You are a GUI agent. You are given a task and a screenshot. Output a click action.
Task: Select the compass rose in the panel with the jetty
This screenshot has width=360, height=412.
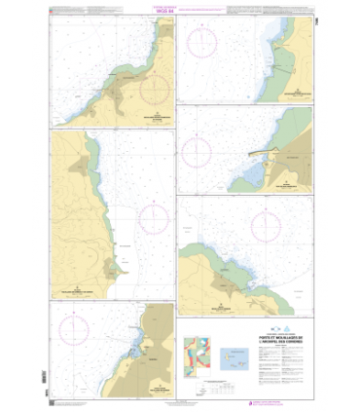coord(198,151)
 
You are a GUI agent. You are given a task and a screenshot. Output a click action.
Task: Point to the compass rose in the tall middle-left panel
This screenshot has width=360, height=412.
coord(153,218)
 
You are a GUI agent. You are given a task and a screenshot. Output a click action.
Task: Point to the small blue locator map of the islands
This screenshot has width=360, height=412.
coord(236,355)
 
